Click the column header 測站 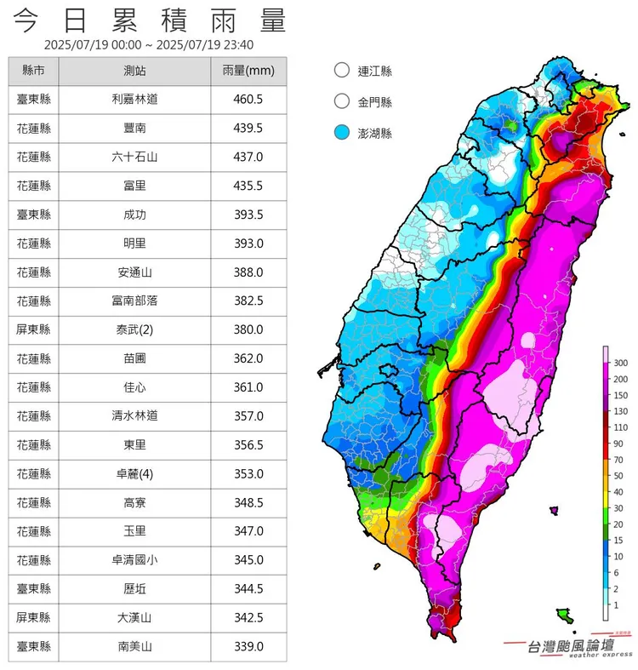pyautogui.click(x=134, y=71)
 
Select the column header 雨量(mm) pyautogui.click(x=248, y=71)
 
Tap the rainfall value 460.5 pyautogui.click(x=248, y=100)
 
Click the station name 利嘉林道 pyautogui.click(x=134, y=100)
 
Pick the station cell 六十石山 pyautogui.click(x=134, y=157)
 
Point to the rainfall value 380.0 pyautogui.click(x=248, y=330)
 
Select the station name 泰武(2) pyautogui.click(x=134, y=330)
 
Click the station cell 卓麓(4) pyautogui.click(x=134, y=474)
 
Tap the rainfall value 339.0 pyautogui.click(x=248, y=647)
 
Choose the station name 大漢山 pyautogui.click(x=134, y=618)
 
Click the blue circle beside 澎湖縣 pyautogui.click(x=342, y=133)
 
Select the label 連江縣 pyautogui.click(x=375, y=72)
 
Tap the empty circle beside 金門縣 pyautogui.click(x=342, y=102)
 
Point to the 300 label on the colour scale pyautogui.click(x=619, y=364)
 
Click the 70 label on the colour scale pyautogui.click(x=618, y=460)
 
